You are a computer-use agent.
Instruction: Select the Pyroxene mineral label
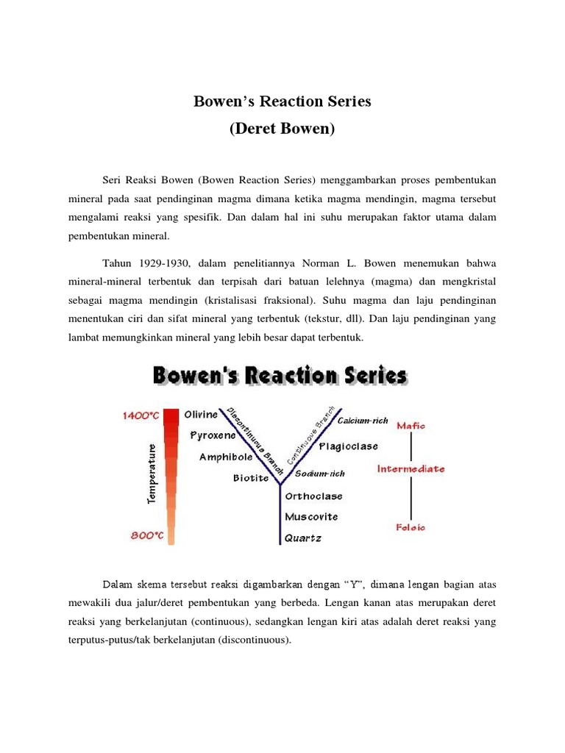[x=212, y=435]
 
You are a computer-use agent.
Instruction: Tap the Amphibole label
[x=226, y=457]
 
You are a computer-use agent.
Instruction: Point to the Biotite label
[x=252, y=478]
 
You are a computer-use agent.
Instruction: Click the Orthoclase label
[x=313, y=496]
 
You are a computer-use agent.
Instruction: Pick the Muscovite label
[x=311, y=517]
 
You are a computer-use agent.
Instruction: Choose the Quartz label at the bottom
[x=303, y=538]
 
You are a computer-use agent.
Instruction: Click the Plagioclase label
[x=348, y=446]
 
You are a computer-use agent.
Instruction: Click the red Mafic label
[x=411, y=425]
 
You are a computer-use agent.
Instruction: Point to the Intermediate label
[x=411, y=468]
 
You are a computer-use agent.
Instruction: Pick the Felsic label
[x=411, y=527]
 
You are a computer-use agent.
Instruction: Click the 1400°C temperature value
[x=141, y=415]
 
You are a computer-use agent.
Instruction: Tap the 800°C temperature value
[x=147, y=536]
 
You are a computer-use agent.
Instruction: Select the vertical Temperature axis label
[x=152, y=473]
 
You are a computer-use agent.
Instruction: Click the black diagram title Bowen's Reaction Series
[x=280, y=376]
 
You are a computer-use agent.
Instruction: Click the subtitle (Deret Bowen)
[x=282, y=129]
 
